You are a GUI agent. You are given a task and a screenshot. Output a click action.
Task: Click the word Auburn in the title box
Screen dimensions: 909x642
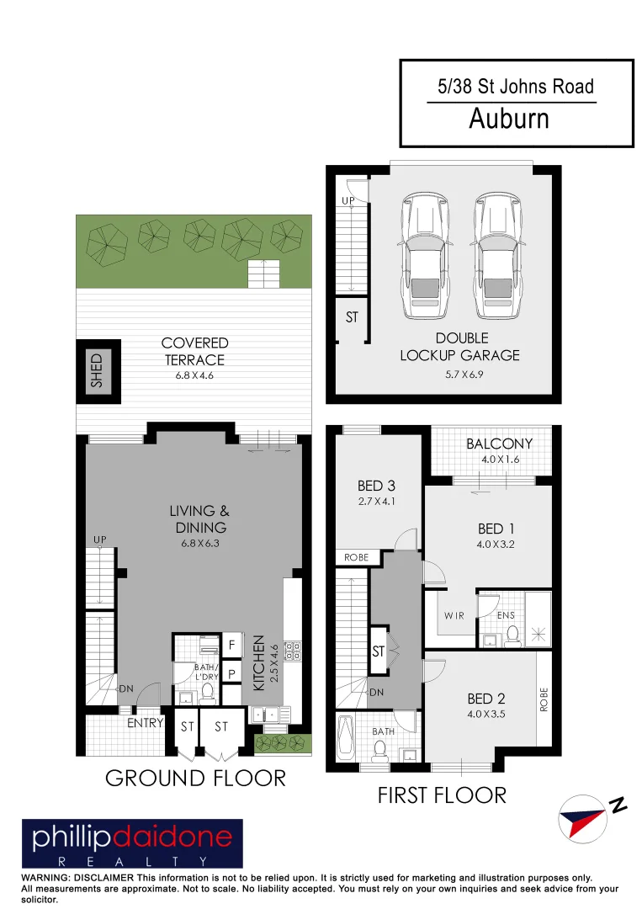[x=508, y=120]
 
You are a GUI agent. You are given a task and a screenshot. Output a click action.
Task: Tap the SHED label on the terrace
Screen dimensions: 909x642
[x=96, y=370]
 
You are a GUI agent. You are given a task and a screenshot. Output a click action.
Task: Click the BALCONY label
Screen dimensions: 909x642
[x=499, y=444]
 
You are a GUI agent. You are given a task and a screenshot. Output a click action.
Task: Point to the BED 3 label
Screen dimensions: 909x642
[x=376, y=486]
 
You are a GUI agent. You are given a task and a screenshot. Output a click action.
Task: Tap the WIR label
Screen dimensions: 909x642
[x=454, y=616]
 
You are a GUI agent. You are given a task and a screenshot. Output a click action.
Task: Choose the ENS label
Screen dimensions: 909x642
[x=506, y=616]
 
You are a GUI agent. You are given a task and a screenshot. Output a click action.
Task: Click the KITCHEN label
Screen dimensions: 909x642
[x=260, y=663]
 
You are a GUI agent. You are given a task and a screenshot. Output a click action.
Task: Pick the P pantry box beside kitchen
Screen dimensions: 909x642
[x=231, y=674]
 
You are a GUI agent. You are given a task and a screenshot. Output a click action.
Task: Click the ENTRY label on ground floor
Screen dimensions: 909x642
[x=145, y=722]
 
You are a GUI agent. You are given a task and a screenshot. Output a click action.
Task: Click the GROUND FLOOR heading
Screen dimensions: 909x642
[x=195, y=778]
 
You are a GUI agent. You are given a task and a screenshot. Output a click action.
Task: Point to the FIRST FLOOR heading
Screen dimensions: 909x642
[x=442, y=795]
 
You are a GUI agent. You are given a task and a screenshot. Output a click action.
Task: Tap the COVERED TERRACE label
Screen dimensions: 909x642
[x=194, y=351]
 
